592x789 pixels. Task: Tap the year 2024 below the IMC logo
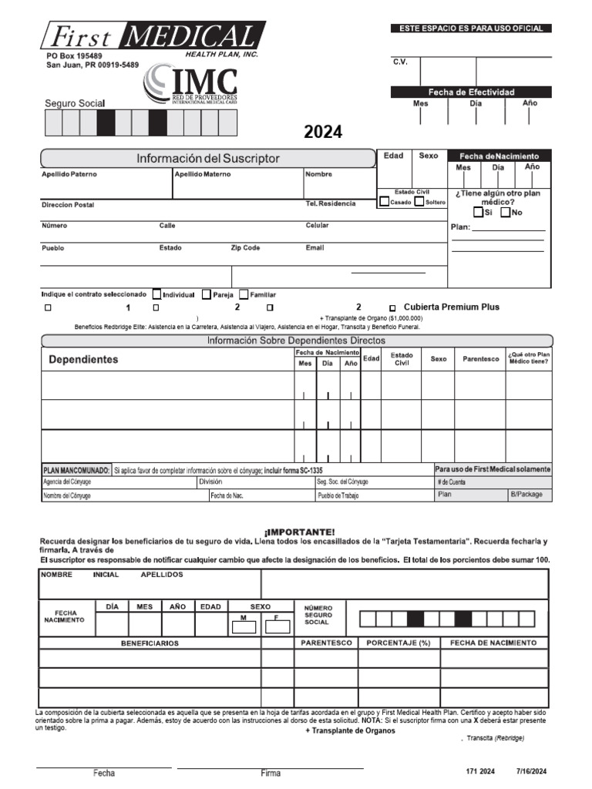323,132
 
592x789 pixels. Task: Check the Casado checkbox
385,202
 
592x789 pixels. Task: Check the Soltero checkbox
419,202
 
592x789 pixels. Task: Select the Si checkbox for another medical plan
479,212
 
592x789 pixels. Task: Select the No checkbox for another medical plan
505,212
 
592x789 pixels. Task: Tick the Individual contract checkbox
157,294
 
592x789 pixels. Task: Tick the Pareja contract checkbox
207,294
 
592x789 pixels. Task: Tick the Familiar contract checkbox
244,294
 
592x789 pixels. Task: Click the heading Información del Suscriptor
208,159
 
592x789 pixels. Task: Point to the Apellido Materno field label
202,174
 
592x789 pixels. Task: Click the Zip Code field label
245,248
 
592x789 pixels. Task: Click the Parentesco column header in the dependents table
480,359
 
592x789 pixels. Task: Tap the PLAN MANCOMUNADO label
75,469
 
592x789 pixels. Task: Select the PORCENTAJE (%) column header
398,643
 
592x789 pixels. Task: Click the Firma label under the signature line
271,773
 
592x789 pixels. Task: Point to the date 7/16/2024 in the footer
531,771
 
